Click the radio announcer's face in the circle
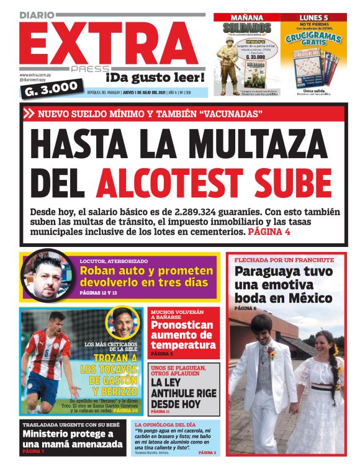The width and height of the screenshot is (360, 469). pos(47,277)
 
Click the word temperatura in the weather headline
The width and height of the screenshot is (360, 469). pos(183,345)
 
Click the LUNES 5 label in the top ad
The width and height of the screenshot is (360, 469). pos(313,18)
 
